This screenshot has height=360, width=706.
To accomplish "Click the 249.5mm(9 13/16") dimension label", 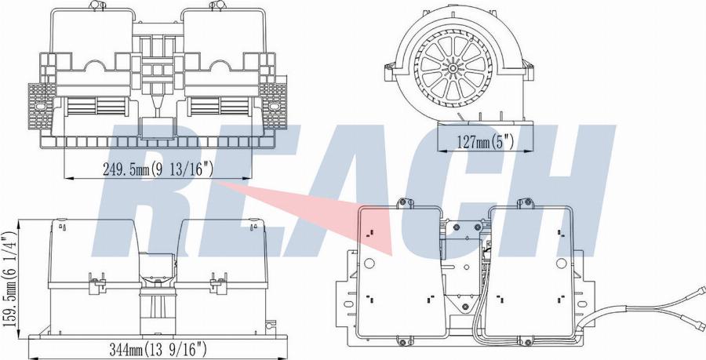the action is (158, 169).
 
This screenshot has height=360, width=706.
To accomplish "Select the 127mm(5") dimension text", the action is (485, 143).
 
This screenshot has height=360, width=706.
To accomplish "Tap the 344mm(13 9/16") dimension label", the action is (158, 348).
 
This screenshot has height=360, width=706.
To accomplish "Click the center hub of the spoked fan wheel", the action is (450, 68).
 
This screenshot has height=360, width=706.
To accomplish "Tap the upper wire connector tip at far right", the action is (701, 290).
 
